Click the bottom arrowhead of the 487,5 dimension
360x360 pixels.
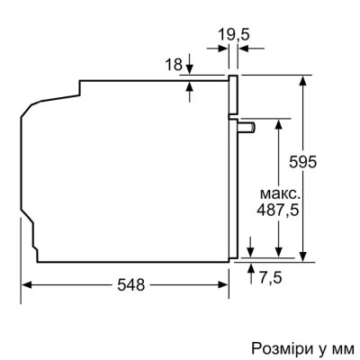tap(283, 256)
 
